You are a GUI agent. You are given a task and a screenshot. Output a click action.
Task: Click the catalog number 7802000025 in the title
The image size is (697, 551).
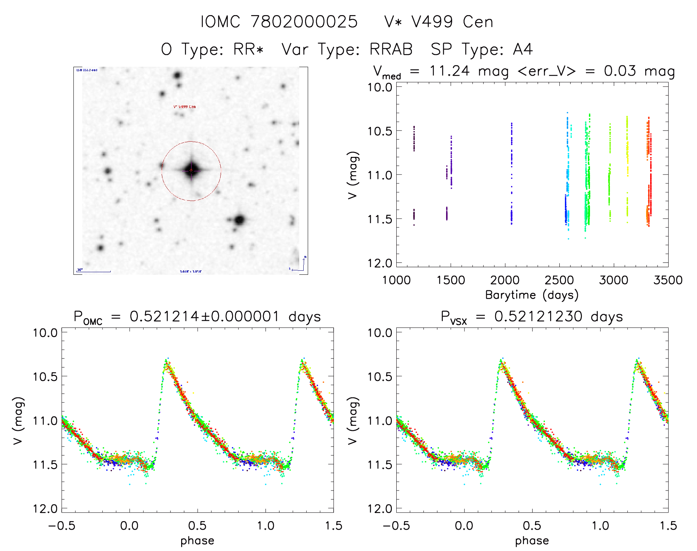click(304, 22)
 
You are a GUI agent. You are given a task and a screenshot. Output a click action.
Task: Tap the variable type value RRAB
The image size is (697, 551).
click(391, 49)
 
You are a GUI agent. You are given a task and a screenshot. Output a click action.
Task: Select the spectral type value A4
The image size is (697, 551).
click(523, 49)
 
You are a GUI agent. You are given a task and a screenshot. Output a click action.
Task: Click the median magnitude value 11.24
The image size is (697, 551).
click(449, 71)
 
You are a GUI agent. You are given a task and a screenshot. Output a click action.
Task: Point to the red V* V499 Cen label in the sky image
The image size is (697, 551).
click(184, 107)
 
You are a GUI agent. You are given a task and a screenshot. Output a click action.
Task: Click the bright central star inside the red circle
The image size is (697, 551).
click(191, 170)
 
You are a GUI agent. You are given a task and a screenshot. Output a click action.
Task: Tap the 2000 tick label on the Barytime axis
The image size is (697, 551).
click(505, 280)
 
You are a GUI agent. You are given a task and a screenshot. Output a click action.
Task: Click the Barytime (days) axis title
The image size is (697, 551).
click(532, 295)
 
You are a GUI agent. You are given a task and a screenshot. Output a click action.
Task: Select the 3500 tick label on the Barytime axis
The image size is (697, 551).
click(668, 280)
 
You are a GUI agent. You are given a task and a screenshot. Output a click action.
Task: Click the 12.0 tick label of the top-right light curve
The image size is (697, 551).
click(380, 263)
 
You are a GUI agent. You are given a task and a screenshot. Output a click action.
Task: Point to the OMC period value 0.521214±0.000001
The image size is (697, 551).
click(204, 316)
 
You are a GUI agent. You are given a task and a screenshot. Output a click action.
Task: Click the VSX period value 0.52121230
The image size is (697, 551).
click(538, 316)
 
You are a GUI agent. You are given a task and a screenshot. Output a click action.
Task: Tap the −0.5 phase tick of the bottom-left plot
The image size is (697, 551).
click(62, 526)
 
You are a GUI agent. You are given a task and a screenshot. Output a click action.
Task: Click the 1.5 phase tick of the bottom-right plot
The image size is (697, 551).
click(668, 526)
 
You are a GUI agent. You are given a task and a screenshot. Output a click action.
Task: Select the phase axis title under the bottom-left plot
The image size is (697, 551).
click(197, 541)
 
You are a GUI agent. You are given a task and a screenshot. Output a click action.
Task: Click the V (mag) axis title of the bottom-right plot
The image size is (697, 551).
click(353, 420)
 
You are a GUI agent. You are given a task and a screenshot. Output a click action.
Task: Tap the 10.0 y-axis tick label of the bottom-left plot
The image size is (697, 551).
click(45, 333)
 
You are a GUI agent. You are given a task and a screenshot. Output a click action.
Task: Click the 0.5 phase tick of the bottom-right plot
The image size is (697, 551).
click(532, 526)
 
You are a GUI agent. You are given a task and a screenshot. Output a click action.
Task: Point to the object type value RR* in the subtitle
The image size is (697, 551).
click(248, 49)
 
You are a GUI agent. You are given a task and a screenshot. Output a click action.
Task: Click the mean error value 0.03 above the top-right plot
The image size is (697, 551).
click(620, 71)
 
